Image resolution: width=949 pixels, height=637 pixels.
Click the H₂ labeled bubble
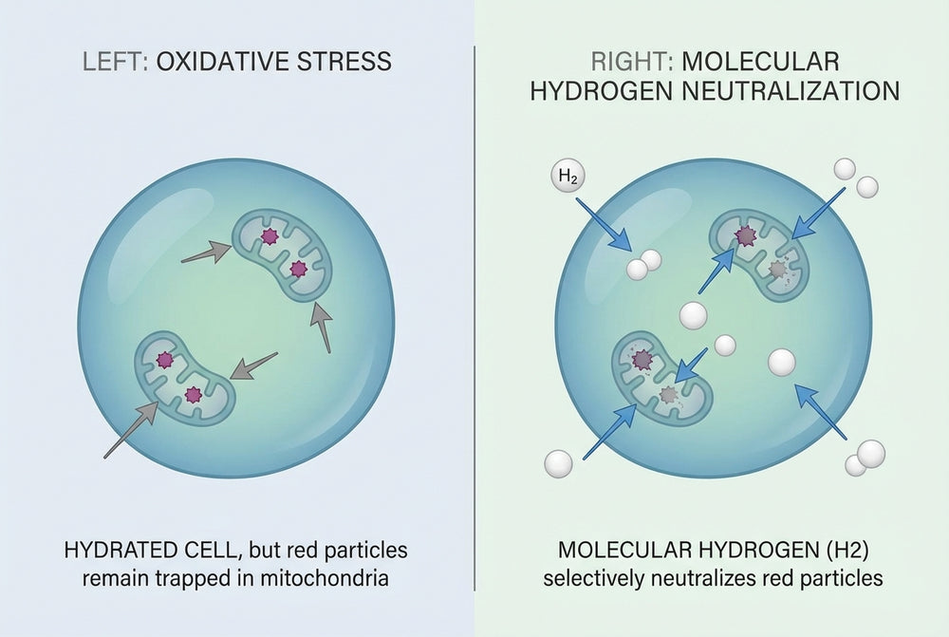coord(568,177)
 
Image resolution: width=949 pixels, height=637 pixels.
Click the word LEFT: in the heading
coord(115,62)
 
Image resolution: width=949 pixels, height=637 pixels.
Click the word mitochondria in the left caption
coord(325,577)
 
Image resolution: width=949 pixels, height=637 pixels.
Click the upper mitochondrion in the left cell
coord(283,254)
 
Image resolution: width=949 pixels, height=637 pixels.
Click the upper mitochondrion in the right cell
coord(759,254)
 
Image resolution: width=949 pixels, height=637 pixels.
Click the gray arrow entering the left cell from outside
coord(131,429)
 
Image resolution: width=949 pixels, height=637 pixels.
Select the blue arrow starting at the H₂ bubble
coord(604,224)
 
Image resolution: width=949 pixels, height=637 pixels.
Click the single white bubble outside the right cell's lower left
coord(558,464)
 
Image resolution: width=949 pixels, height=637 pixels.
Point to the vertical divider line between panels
coord(474,318)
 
